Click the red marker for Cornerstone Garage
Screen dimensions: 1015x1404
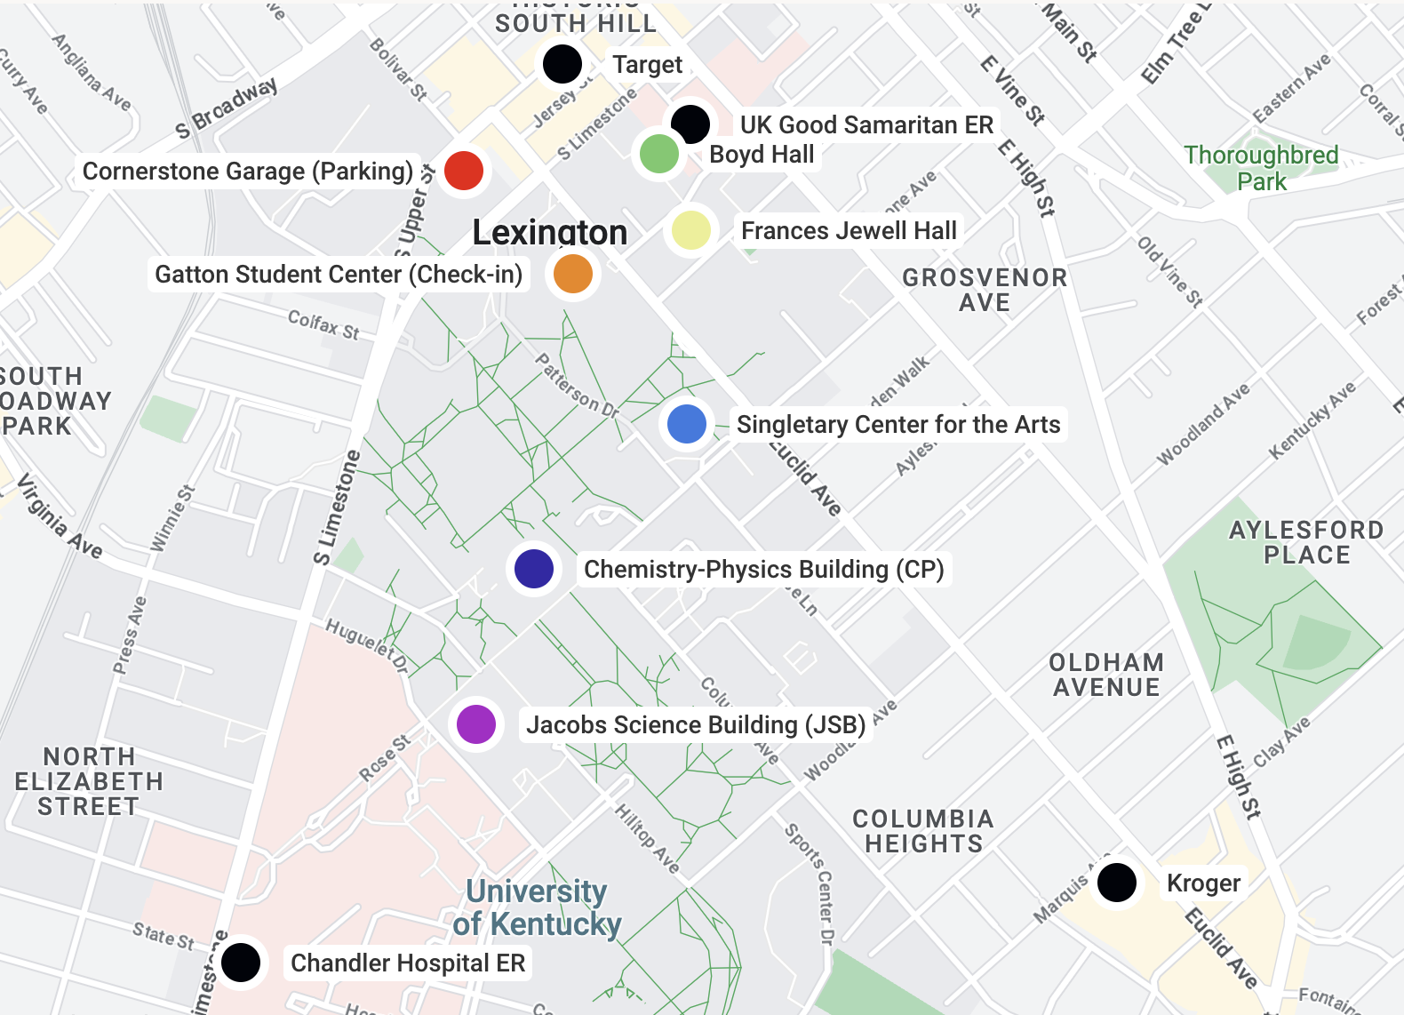(x=463, y=170)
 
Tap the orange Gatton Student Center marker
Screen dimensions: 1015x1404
(x=573, y=274)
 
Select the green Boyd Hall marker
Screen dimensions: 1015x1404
(x=658, y=154)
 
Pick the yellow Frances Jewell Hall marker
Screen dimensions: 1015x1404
(x=691, y=231)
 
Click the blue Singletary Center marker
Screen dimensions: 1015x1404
(x=686, y=424)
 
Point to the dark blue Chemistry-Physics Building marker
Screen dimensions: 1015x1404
(x=534, y=569)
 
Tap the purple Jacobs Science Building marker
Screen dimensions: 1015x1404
(x=476, y=724)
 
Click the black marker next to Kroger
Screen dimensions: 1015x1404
(x=1116, y=883)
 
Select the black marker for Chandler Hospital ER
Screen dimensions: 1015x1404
(x=240, y=963)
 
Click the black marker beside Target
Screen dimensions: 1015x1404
(x=562, y=64)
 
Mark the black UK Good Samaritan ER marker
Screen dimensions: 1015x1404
(x=690, y=123)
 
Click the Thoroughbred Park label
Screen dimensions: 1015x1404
(x=1261, y=168)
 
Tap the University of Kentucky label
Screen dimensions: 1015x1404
(x=536, y=907)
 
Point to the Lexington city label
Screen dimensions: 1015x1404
(x=549, y=233)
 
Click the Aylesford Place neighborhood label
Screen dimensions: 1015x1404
(x=1306, y=542)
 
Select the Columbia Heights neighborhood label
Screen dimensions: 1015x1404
(x=923, y=831)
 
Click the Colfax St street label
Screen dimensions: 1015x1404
(x=323, y=324)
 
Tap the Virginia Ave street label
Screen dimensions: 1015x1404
(x=60, y=516)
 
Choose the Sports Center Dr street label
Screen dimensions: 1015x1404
(x=810, y=883)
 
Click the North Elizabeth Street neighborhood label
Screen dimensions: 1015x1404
(x=89, y=781)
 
